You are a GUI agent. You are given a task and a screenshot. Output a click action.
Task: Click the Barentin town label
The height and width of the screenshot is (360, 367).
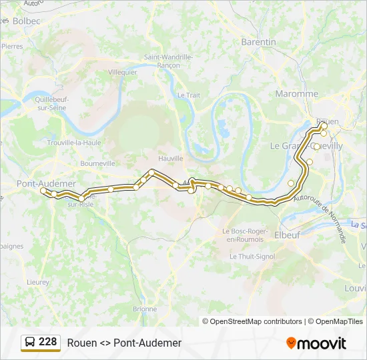coord(258,42)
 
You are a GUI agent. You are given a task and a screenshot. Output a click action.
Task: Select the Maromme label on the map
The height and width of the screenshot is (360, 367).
coord(297,94)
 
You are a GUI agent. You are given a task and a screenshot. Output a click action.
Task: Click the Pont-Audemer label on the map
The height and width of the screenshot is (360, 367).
coord(45,183)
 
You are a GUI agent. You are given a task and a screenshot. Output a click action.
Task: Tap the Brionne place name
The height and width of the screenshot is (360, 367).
coord(145,309)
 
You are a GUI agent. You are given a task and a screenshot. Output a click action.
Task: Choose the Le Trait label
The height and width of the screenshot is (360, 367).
coord(188,95)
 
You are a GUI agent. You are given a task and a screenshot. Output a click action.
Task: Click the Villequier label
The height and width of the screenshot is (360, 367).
coord(122,72)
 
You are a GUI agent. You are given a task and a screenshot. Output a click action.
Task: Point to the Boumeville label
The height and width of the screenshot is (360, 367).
coord(97,163)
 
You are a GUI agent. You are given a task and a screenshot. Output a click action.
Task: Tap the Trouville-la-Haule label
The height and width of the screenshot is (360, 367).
coord(74,142)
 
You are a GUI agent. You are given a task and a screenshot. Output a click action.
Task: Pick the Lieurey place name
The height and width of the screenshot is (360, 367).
coord(38,282)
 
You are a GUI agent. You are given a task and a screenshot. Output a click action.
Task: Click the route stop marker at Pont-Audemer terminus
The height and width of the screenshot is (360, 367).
coord(44,191)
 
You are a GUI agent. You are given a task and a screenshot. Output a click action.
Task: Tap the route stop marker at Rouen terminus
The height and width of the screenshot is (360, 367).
coord(324,125)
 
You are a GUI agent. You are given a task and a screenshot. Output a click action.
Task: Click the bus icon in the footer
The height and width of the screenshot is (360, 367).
coord(30,343)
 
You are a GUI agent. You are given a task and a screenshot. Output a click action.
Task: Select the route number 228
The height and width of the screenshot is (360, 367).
coord(48,342)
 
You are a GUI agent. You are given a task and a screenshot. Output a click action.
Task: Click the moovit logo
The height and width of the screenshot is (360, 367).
coord(316,343)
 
